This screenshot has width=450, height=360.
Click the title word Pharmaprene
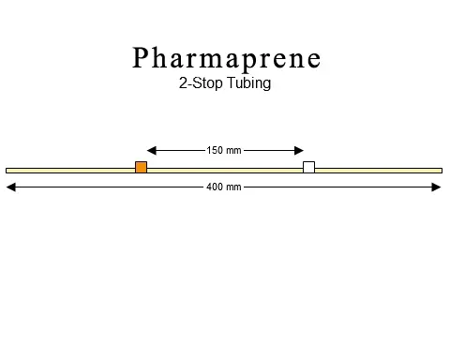pos(226,58)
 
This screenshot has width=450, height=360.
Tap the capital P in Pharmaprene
pos(142,58)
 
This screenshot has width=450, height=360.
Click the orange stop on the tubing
pos(141,168)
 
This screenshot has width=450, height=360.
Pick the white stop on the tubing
pos(308,168)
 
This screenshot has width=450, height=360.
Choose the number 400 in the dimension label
pos(216,187)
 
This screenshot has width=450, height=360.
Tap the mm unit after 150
pos(234,149)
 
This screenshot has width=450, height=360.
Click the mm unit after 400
pos(234,187)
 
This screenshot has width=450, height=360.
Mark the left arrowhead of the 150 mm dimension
pos(151,149)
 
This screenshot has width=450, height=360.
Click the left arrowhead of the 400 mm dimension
pos(10,187)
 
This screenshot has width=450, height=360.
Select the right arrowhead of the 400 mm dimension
pos(437,187)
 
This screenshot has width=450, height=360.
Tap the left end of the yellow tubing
pos(7,170)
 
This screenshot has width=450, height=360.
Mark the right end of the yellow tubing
pos(440,170)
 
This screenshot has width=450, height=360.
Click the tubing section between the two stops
pos(225,170)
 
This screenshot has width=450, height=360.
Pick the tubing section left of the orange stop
pos(70,170)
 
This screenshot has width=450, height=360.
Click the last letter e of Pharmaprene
pos(313,60)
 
